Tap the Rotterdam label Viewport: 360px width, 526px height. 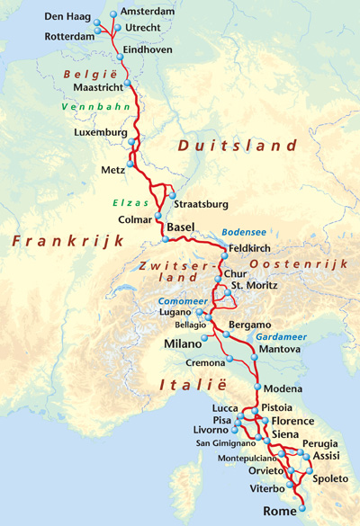68,36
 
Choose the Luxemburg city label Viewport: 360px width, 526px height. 101,133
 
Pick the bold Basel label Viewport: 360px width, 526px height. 181,227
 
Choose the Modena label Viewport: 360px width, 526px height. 283,388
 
